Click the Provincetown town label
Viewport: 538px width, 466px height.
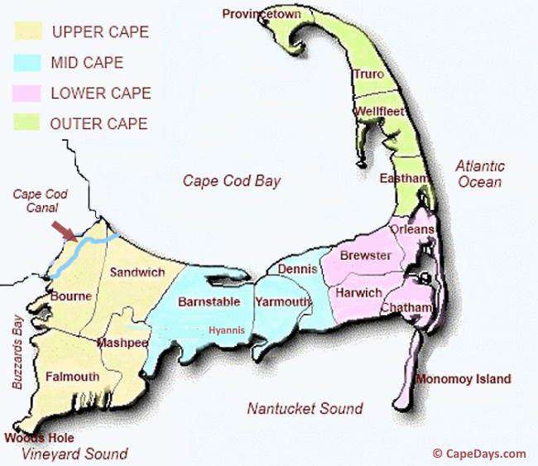(x=262, y=14)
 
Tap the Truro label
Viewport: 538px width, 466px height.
(x=368, y=74)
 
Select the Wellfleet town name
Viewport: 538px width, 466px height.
(x=378, y=111)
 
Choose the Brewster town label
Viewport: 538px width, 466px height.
(x=365, y=256)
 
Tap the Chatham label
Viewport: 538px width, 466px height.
(x=406, y=308)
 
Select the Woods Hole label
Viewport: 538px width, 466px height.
(x=39, y=438)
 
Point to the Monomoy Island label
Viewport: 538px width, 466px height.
(x=463, y=379)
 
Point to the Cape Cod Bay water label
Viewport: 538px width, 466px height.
(x=232, y=181)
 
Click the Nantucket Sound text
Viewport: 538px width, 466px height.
(x=305, y=408)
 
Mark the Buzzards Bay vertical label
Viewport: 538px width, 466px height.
(x=17, y=352)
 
